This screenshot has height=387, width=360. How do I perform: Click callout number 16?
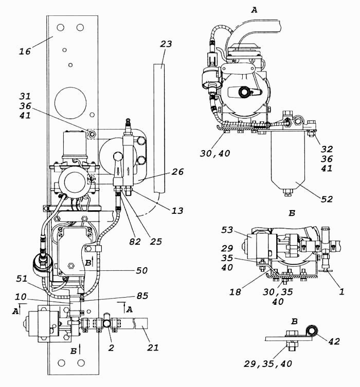click(x=25, y=51)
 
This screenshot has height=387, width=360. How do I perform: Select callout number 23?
click(x=166, y=44)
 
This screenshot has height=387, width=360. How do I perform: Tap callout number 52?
click(x=327, y=199)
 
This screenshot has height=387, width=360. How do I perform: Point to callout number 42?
click(x=334, y=341)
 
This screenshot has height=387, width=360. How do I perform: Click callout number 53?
click(x=227, y=230)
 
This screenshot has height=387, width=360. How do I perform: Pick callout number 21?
click(x=153, y=347)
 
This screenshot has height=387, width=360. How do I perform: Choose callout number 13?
click(x=177, y=211)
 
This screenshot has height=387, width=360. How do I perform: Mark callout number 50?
click(x=142, y=270)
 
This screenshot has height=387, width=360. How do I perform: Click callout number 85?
click(x=142, y=296)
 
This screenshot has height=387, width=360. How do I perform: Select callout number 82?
click(x=135, y=242)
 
